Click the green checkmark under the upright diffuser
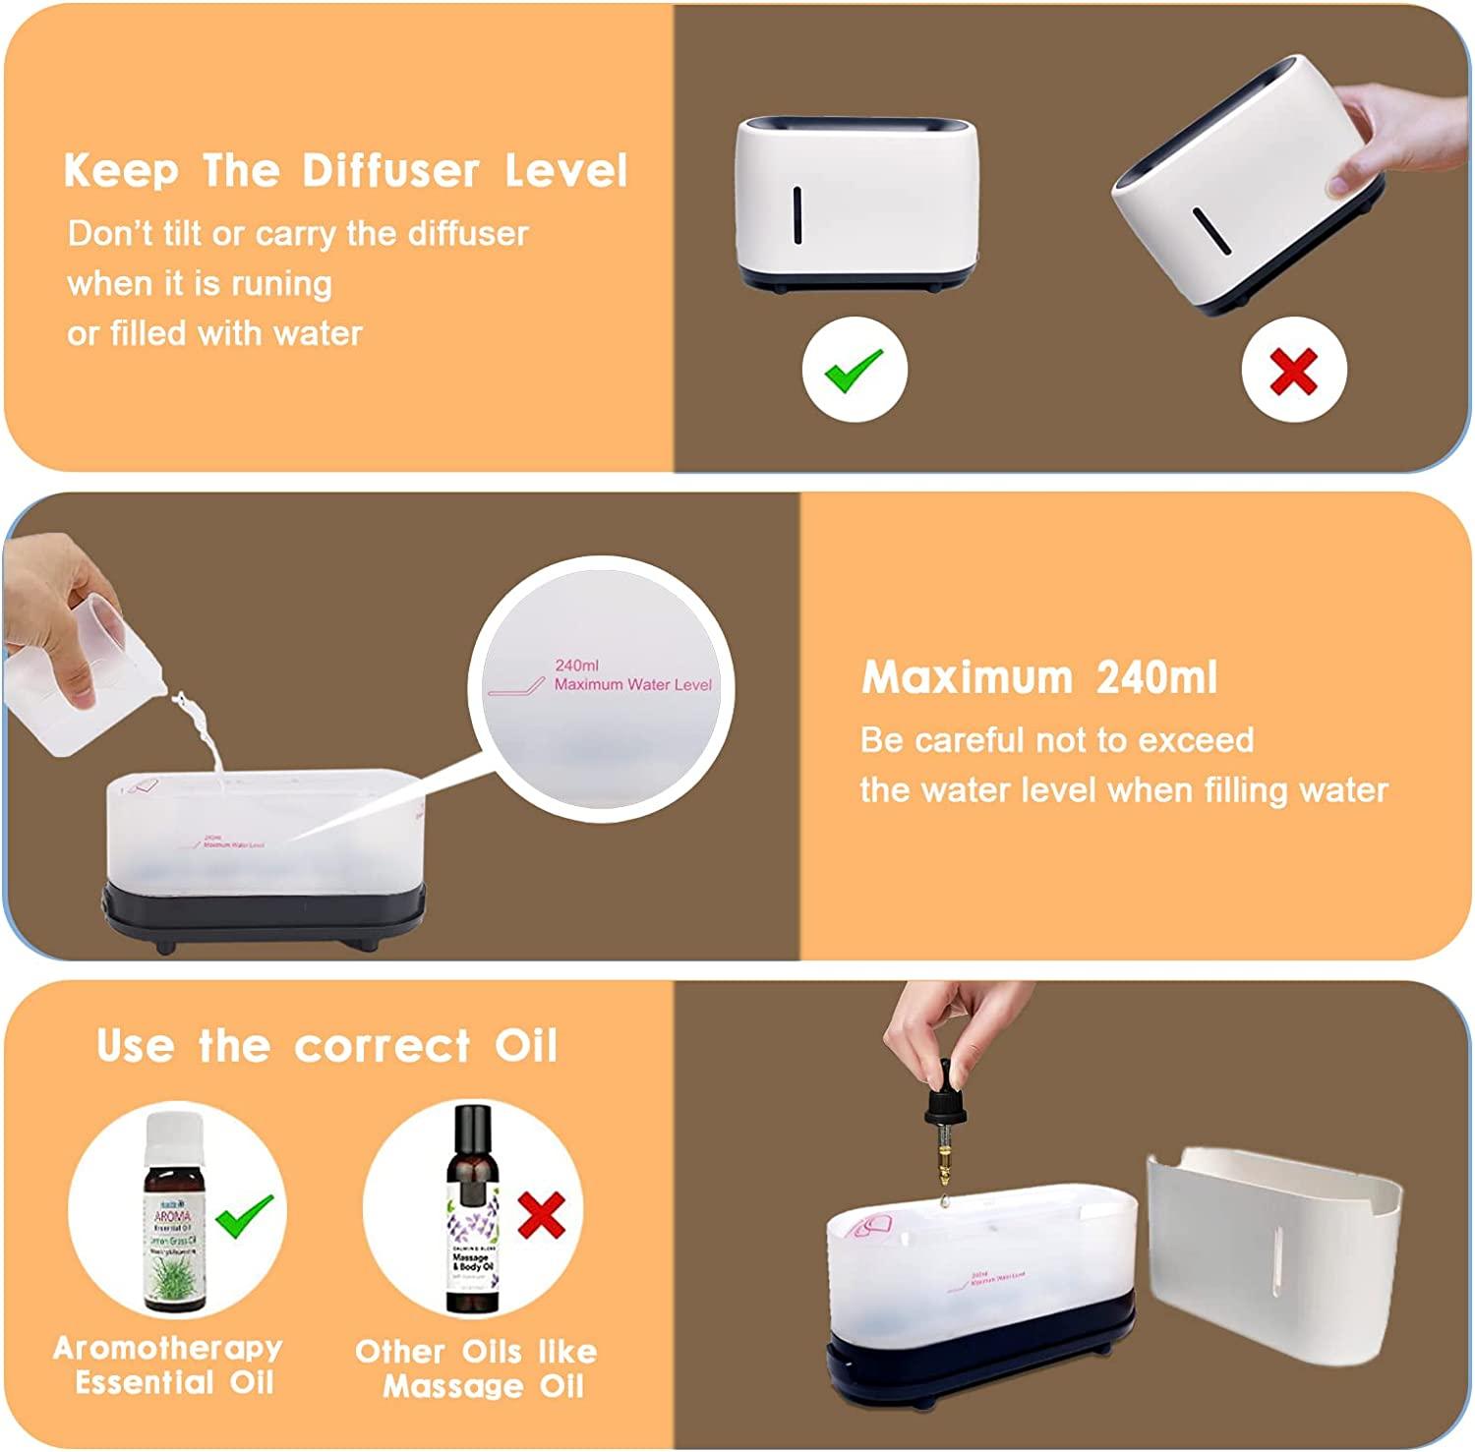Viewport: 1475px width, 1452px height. pyautogui.click(x=854, y=371)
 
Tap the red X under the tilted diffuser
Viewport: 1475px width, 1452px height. pyautogui.click(x=1293, y=371)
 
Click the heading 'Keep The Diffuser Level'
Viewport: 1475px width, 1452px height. pyautogui.click(x=345, y=170)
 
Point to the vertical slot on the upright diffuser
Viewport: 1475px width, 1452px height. pyautogui.click(x=797, y=214)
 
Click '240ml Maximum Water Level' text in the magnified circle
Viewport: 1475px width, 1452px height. pyautogui.click(x=629, y=675)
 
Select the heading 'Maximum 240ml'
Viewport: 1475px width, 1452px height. pyautogui.click(x=1038, y=677)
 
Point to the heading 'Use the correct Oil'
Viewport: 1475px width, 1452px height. pyautogui.click(x=327, y=1045)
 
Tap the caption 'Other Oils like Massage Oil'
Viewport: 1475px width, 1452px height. pyautogui.click(x=477, y=1368)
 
